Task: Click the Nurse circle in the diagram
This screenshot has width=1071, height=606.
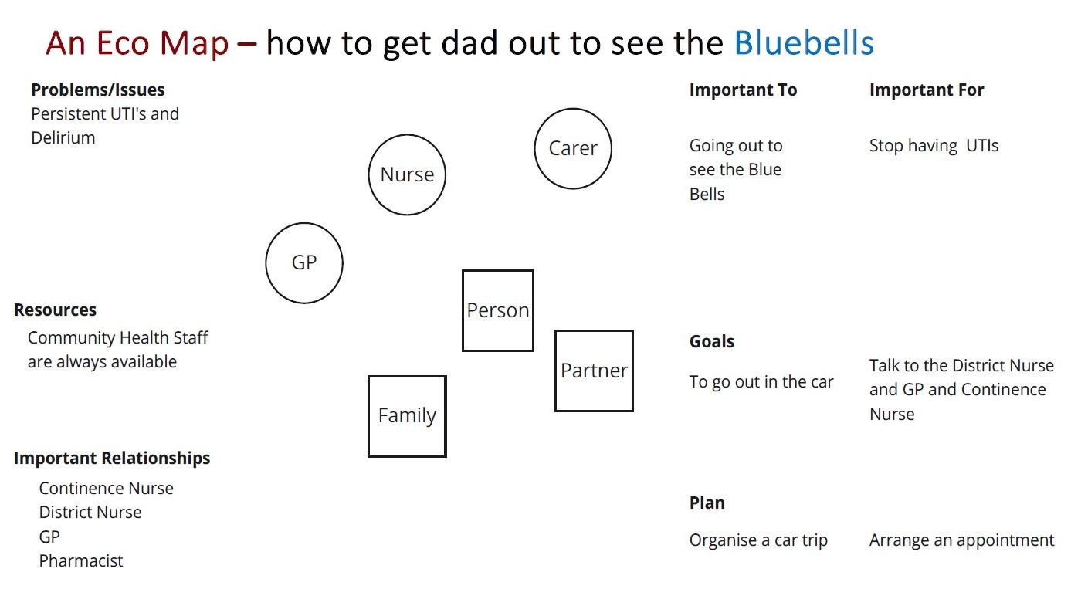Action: click(407, 174)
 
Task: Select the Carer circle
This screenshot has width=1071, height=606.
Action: click(573, 148)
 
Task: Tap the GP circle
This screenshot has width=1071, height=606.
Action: click(304, 262)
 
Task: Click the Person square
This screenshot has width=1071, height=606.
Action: click(498, 310)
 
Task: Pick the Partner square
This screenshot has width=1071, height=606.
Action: click(594, 371)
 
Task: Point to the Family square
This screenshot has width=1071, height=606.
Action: click(407, 416)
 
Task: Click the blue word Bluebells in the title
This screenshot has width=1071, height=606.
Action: click(804, 43)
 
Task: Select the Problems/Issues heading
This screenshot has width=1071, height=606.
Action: click(97, 90)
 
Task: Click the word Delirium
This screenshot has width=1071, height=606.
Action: click(63, 138)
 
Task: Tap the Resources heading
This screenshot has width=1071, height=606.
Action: click(55, 310)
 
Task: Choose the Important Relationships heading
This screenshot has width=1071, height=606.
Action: click(112, 458)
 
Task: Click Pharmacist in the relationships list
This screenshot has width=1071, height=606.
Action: click(81, 560)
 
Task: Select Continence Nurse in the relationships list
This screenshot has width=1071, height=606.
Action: click(107, 488)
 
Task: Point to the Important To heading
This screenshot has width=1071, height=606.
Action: click(743, 90)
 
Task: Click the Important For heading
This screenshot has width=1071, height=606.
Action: click(927, 90)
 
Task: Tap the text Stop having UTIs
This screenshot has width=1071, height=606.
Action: click(934, 146)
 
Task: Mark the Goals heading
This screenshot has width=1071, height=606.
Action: click(712, 341)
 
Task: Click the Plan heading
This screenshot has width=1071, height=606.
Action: click(707, 503)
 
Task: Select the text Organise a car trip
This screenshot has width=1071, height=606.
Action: click(758, 540)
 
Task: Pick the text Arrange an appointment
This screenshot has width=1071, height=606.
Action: click(961, 540)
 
